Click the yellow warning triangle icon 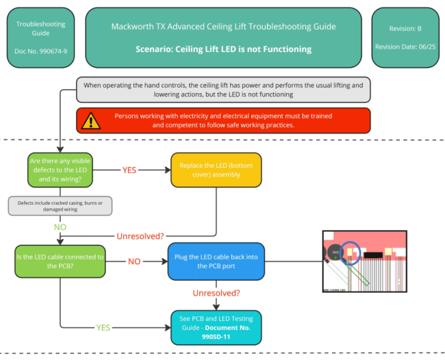tap(90, 121)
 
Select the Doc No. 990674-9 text tap(40, 51)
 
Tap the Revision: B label tap(404, 29)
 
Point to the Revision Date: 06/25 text tap(404, 47)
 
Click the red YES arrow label tap(129, 170)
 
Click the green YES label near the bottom tap(103, 327)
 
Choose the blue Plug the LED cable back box tap(216, 261)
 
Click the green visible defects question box tap(60, 170)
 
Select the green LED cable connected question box tap(60, 261)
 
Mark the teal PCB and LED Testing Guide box tap(216, 324)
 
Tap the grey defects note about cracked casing tap(60, 205)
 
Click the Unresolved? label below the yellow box tap(140, 236)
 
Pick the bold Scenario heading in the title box tap(223, 49)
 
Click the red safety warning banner tap(224, 120)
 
